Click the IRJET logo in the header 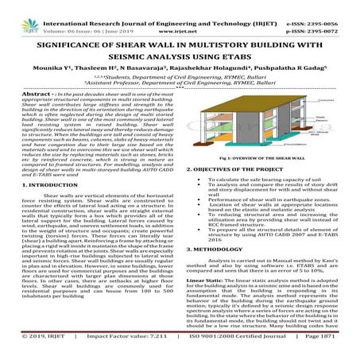click(x=17, y=14)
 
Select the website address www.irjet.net click(x=179, y=17)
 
